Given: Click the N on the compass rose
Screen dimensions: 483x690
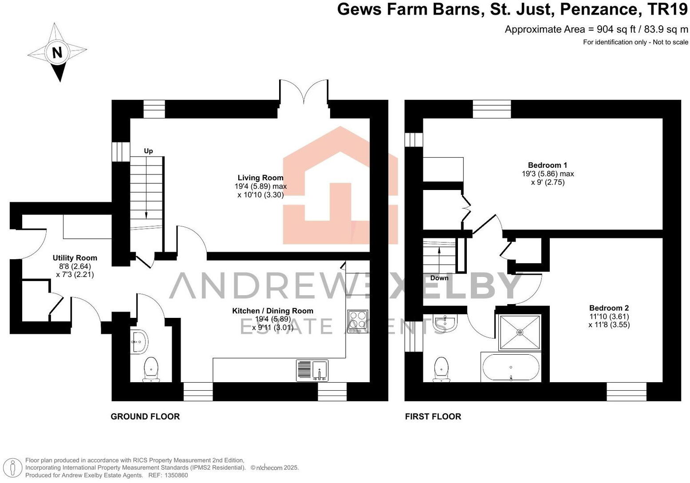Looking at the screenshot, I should click(x=57, y=53).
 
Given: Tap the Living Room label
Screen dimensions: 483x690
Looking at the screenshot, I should click(x=260, y=178).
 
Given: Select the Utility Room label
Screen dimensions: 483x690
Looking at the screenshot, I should click(x=75, y=258).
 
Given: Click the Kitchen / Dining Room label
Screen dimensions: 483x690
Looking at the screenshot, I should click(x=272, y=311).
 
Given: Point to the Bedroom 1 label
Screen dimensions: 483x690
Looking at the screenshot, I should click(x=548, y=165).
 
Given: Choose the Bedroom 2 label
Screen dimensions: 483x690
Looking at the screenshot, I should click(x=609, y=308).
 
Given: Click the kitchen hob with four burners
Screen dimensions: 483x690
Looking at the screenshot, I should click(x=358, y=321).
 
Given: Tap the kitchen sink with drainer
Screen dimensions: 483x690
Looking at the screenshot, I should click(x=312, y=371).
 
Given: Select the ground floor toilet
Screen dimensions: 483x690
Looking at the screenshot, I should click(x=151, y=369).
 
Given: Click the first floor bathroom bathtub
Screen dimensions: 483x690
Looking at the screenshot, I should click(x=510, y=368).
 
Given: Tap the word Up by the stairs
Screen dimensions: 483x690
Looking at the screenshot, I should click(x=148, y=151).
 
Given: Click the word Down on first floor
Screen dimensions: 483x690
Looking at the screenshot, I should click(x=439, y=278).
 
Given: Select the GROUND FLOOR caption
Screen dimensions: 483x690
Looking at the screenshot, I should click(x=145, y=416).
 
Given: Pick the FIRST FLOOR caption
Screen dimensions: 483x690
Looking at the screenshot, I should click(x=433, y=416).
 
